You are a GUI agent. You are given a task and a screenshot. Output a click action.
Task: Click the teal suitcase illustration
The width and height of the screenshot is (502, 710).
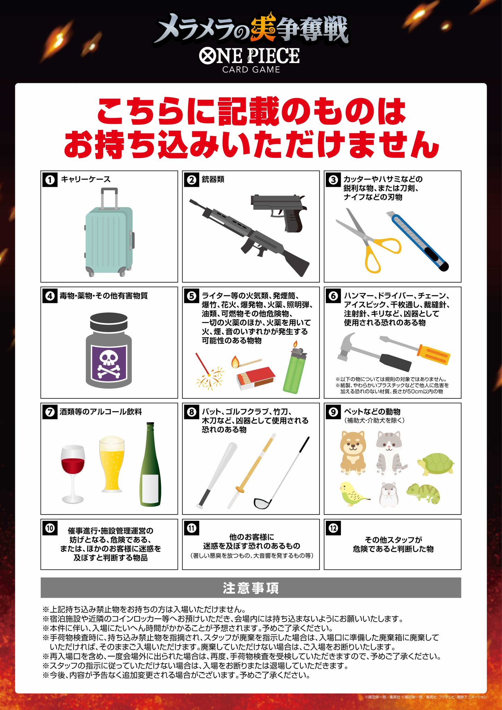point(109,232)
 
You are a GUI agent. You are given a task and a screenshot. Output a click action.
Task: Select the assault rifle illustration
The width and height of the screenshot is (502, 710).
point(249,237)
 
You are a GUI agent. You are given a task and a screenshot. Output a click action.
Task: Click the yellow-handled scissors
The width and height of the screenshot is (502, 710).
point(368,240)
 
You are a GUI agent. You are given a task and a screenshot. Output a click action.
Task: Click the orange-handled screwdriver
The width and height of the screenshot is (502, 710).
point(415,350)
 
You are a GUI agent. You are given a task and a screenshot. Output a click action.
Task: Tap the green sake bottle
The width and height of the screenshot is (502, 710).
point(150,464)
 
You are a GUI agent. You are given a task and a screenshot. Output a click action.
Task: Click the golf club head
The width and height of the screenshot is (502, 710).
point(262,503)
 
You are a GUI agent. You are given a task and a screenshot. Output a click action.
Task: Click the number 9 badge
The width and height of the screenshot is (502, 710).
point(333,412)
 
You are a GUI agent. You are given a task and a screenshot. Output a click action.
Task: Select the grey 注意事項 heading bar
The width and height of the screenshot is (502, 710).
point(251,588)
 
